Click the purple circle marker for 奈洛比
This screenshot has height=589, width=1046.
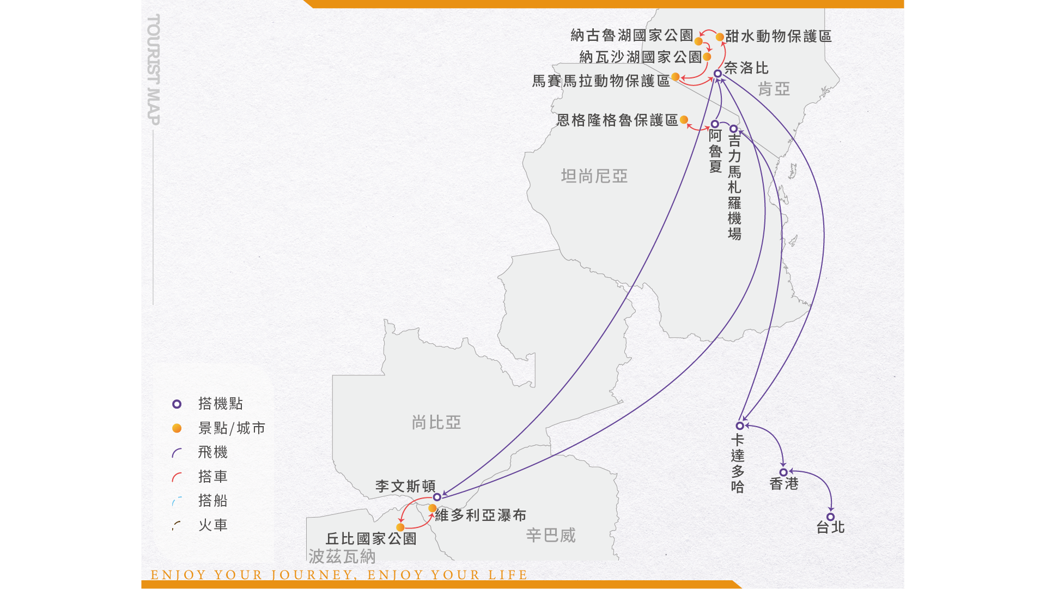717,74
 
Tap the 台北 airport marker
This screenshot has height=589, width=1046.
830,517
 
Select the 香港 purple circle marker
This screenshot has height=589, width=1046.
783,472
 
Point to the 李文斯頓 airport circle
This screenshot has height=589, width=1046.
437,497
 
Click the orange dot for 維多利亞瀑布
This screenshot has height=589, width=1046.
432,508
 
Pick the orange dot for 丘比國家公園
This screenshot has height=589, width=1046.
400,527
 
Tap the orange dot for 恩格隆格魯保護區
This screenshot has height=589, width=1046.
684,120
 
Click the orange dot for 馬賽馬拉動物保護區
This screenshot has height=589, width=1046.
676,77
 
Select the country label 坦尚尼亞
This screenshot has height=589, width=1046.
594,176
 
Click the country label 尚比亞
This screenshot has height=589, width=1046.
436,422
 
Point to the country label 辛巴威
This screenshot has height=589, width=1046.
551,535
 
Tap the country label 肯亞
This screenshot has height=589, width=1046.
774,89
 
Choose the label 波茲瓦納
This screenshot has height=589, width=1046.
342,556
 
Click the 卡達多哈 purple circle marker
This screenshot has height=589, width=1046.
740,426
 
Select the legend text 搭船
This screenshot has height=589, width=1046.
213,501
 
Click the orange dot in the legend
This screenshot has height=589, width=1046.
177,428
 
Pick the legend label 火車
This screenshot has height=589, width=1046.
213,525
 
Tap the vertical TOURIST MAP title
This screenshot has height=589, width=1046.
154,70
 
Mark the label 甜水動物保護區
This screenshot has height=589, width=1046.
779,37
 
